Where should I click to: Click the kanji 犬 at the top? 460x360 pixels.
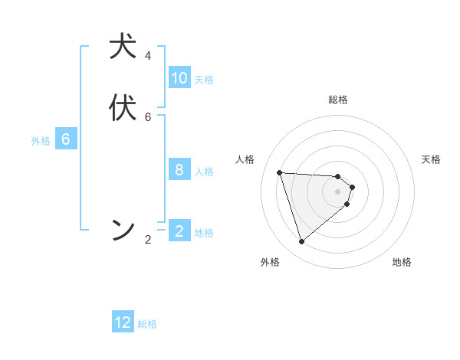point(123,47)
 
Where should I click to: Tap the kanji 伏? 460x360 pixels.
point(123,108)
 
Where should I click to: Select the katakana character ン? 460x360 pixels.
point(123,230)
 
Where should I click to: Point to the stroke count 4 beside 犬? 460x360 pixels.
point(148,56)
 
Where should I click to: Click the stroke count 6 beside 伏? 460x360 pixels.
point(148,117)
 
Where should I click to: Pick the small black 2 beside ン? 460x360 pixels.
point(148,240)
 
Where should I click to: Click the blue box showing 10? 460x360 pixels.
point(179,78)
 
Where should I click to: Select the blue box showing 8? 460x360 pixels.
point(179,170)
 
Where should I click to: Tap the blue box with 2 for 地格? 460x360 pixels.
point(179,231)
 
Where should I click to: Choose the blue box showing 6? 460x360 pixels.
point(66,139)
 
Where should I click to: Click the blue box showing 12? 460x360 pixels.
point(123,322)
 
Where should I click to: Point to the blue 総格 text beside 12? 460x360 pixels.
point(147,324)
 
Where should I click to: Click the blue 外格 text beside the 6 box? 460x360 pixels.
point(41,141)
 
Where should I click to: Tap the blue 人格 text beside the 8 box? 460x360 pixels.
point(205,172)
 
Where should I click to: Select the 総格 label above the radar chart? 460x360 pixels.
point(338,100)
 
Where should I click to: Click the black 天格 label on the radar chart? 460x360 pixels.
point(432,159)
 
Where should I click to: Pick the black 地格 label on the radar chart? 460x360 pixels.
point(402,262)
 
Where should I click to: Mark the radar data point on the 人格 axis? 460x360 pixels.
point(279,172)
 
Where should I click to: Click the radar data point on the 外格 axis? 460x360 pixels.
point(301,242)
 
